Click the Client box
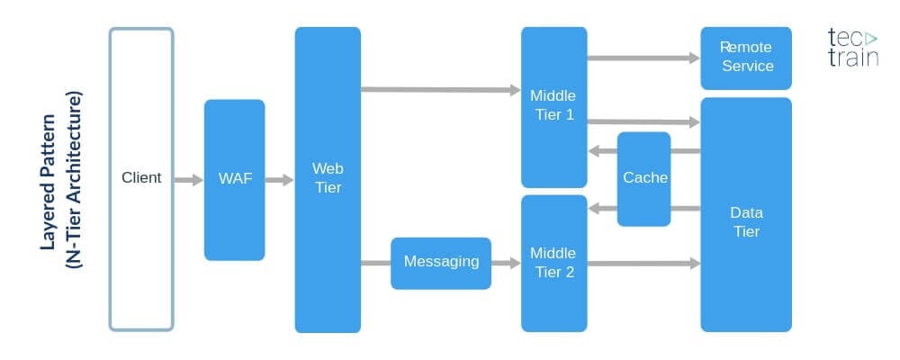(141, 178)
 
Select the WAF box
(234, 179)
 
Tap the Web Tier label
(328, 178)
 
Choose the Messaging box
(441, 262)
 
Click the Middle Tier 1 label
(553, 105)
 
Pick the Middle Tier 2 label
(553, 262)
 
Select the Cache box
(644, 178)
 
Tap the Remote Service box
(746, 57)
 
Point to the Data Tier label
(746, 222)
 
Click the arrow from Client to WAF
(188, 180)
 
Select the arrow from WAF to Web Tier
(280, 180)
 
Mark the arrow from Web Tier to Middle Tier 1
(441, 89)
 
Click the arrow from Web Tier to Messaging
(375, 263)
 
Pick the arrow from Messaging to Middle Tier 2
(507, 263)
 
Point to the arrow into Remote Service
(643, 58)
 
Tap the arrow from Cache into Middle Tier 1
(602, 151)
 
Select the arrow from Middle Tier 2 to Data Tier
(643, 263)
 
